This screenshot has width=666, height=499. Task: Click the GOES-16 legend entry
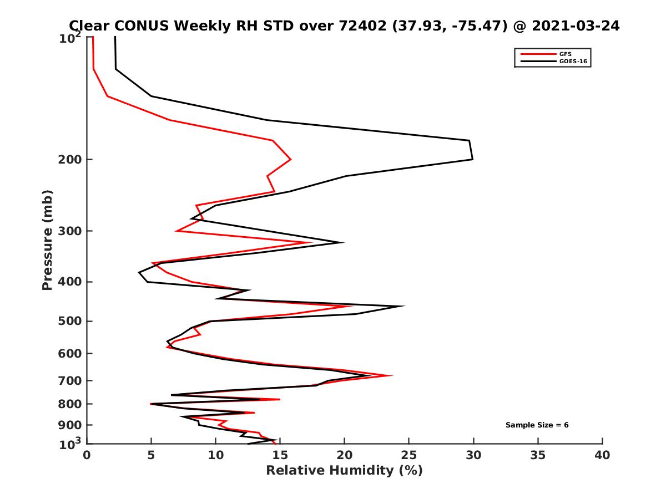click(573, 62)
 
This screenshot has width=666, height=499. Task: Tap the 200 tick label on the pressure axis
click(71, 160)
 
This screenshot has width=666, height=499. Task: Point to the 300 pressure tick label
click(71, 231)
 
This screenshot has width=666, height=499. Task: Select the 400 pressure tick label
click(71, 282)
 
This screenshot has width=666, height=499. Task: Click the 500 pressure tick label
click(71, 321)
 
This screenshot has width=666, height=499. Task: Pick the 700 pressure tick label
click(71, 380)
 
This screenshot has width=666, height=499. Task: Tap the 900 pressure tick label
click(71, 425)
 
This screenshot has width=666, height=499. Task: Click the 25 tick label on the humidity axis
click(409, 455)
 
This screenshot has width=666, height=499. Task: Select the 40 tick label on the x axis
click(602, 455)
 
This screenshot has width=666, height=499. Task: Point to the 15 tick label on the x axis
click(280, 455)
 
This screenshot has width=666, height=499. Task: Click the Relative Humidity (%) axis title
click(344, 471)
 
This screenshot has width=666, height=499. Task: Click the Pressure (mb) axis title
click(47, 240)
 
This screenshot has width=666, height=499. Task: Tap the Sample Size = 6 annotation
click(537, 425)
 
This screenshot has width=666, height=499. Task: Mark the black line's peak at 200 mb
click(472, 159)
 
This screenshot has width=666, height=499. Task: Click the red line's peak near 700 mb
click(392, 375)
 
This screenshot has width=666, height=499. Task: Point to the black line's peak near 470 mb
click(403, 306)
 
